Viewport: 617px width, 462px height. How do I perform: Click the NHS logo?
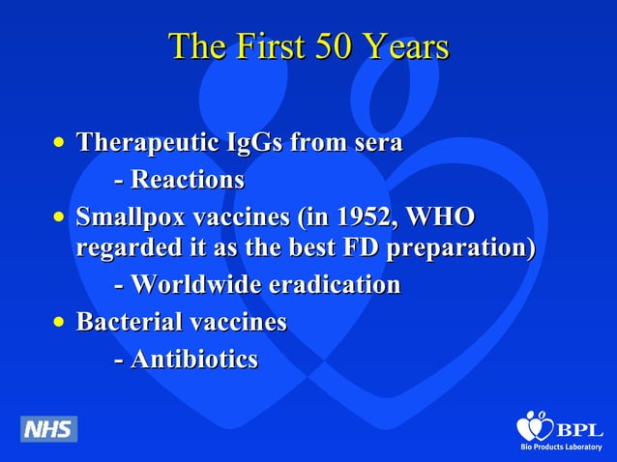(48, 428)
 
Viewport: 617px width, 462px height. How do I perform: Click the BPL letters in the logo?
(579, 430)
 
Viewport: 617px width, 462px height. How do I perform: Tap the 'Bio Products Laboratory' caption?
(562, 449)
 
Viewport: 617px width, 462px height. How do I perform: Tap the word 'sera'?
(376, 143)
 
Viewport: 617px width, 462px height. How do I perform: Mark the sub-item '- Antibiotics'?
(186, 359)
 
